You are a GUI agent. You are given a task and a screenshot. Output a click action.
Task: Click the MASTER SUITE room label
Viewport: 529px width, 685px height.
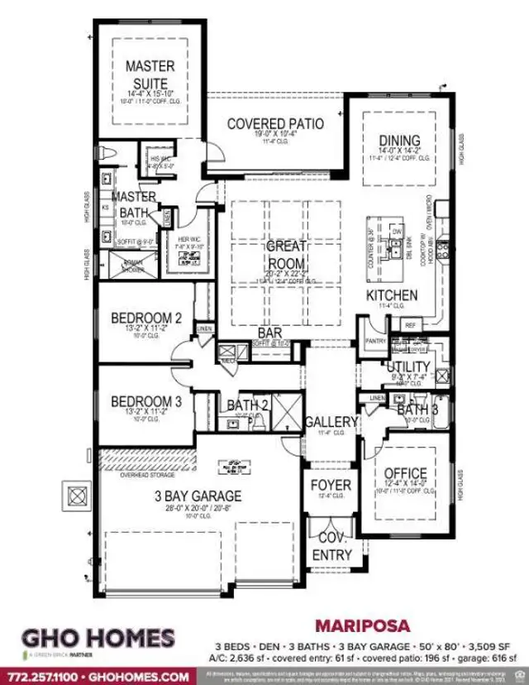pos(150,74)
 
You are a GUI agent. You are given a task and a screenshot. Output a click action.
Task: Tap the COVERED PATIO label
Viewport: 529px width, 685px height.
pos(274,124)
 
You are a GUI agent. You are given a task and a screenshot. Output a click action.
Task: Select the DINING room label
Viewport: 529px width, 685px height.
pos(399,140)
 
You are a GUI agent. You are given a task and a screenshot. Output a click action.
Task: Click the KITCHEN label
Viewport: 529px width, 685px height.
pos(393,295)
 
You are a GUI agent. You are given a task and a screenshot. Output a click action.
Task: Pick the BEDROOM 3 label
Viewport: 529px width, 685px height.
pos(145,401)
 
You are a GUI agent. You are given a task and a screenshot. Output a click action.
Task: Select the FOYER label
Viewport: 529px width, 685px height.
pos(331,485)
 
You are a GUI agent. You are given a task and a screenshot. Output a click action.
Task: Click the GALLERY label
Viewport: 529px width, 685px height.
pos(331,422)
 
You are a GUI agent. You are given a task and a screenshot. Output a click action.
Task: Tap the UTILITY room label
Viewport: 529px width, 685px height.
pos(408,366)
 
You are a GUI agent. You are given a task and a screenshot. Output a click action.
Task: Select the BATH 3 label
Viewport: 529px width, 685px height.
pos(411,410)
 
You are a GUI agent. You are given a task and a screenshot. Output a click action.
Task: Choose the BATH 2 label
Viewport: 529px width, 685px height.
pos(248,405)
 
